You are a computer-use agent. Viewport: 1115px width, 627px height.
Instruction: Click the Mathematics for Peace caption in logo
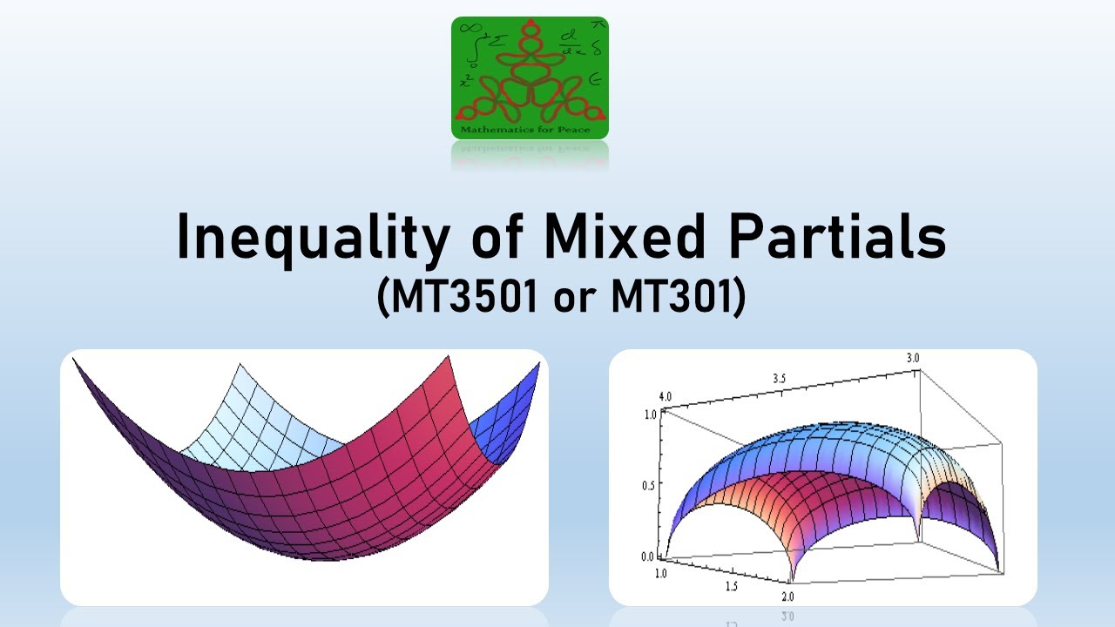tap(530, 131)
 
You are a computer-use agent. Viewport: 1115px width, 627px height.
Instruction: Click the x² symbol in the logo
tap(467, 81)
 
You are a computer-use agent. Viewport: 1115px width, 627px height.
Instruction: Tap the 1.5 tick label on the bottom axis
tap(732, 586)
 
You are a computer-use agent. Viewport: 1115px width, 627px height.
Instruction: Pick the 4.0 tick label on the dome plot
tap(666, 396)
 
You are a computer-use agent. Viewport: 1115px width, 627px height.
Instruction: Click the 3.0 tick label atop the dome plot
tap(913, 358)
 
